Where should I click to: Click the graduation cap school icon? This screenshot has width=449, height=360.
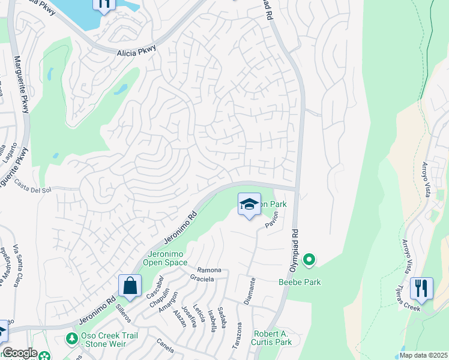click(249, 205)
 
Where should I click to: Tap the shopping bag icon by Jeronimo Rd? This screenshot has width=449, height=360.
click(130, 286)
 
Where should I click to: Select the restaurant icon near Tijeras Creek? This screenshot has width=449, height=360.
click(421, 288)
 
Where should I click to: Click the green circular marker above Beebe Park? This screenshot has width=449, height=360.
click(309, 260)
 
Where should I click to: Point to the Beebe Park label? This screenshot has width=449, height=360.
click(299, 282)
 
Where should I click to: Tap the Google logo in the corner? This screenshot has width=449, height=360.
click(19, 353)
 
